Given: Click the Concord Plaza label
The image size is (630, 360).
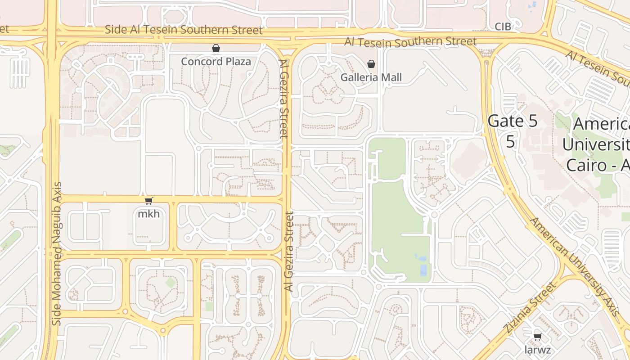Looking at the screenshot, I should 216,61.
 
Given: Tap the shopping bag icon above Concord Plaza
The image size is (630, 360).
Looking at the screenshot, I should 216,48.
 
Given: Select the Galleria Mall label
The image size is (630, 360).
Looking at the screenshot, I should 371,77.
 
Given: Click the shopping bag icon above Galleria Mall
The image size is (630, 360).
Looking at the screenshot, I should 371,64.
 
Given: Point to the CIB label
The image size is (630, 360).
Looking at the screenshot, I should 503,27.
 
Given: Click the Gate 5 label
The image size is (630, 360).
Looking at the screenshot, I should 513,121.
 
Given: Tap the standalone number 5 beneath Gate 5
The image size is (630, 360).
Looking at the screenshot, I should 510,141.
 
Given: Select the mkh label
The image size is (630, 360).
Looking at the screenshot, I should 148,214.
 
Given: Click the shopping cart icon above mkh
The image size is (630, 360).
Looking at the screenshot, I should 149,201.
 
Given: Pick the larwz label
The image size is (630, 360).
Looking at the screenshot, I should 537,350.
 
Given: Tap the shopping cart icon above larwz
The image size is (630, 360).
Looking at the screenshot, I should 537,337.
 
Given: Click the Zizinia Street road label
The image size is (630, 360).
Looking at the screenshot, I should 531,308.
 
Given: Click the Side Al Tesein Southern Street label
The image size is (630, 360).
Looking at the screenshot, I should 184,30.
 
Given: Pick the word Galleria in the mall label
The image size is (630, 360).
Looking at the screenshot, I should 358,77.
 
